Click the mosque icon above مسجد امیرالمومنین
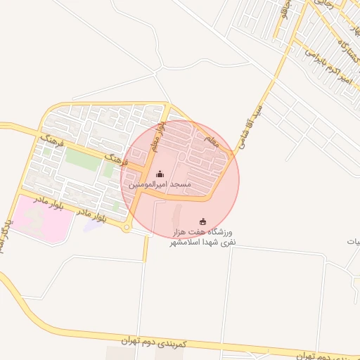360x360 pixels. [160, 174]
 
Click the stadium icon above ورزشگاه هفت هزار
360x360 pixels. [204, 222]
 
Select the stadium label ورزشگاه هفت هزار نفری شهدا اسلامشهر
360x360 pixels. [204, 236]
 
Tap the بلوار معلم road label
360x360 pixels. [161, 134]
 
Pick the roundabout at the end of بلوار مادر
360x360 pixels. [127, 227]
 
